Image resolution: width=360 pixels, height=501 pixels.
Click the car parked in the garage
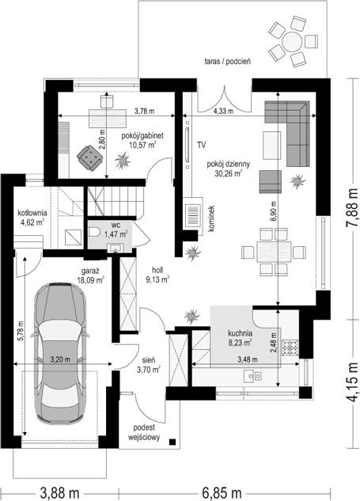(59, 354)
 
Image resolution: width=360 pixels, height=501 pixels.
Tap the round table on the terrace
(292, 41)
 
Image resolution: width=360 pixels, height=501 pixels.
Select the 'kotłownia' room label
(32, 213)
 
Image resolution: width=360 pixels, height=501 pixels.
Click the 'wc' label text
(116, 226)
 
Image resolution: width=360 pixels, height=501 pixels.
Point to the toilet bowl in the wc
(93, 232)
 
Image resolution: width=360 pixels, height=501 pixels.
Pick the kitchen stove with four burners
(290, 347)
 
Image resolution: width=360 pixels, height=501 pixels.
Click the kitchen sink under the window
(253, 375)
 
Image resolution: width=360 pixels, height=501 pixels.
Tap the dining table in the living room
(274, 252)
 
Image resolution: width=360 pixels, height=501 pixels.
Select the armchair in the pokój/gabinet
(89, 158)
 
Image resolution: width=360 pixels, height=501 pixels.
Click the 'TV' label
(201, 145)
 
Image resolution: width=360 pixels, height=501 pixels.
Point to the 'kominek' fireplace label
(210, 218)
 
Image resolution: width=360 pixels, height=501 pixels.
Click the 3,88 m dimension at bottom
(60, 493)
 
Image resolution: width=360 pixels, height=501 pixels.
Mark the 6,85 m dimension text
(222, 493)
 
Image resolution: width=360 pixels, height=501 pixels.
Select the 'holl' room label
(157, 271)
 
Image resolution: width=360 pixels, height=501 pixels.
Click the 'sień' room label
(149, 361)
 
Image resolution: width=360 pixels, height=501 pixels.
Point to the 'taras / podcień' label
(227, 62)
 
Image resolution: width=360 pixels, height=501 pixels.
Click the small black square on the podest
(172, 442)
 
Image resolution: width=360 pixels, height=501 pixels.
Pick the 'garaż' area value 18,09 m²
(91, 280)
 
